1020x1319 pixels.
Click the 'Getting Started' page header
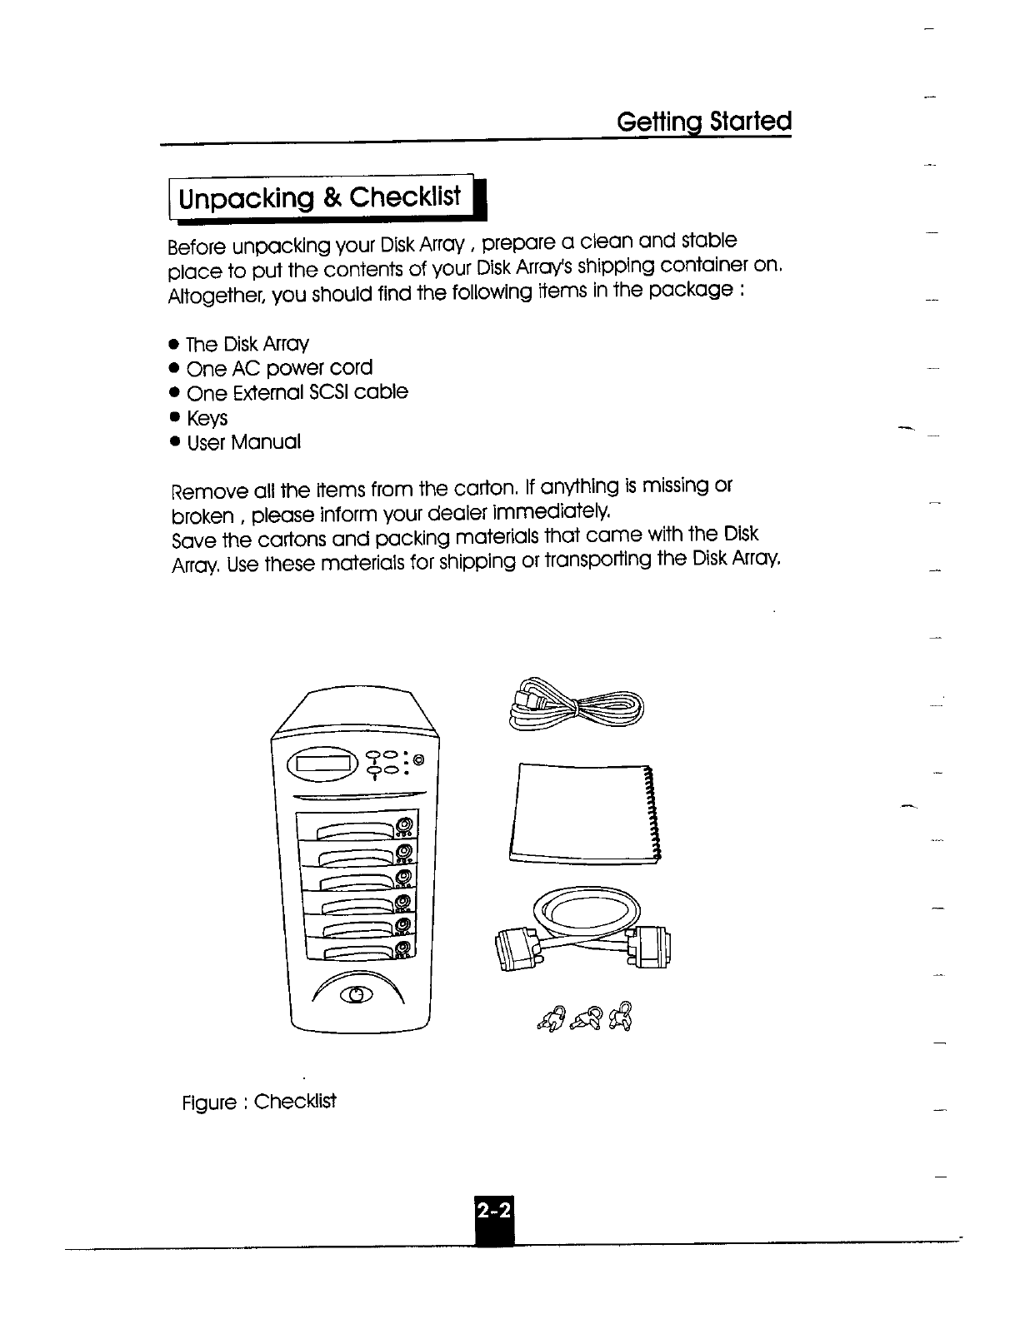tap(703, 122)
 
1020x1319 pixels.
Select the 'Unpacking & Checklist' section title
tap(321, 199)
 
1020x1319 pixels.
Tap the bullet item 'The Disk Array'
tap(247, 344)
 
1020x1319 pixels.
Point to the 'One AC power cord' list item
tap(279, 368)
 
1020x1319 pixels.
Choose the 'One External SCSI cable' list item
tap(297, 392)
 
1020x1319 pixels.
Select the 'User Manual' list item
tap(243, 442)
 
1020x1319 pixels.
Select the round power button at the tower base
tap(357, 993)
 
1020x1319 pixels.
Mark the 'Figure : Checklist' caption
tap(259, 1102)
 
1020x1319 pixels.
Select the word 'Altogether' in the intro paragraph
tap(207, 296)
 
